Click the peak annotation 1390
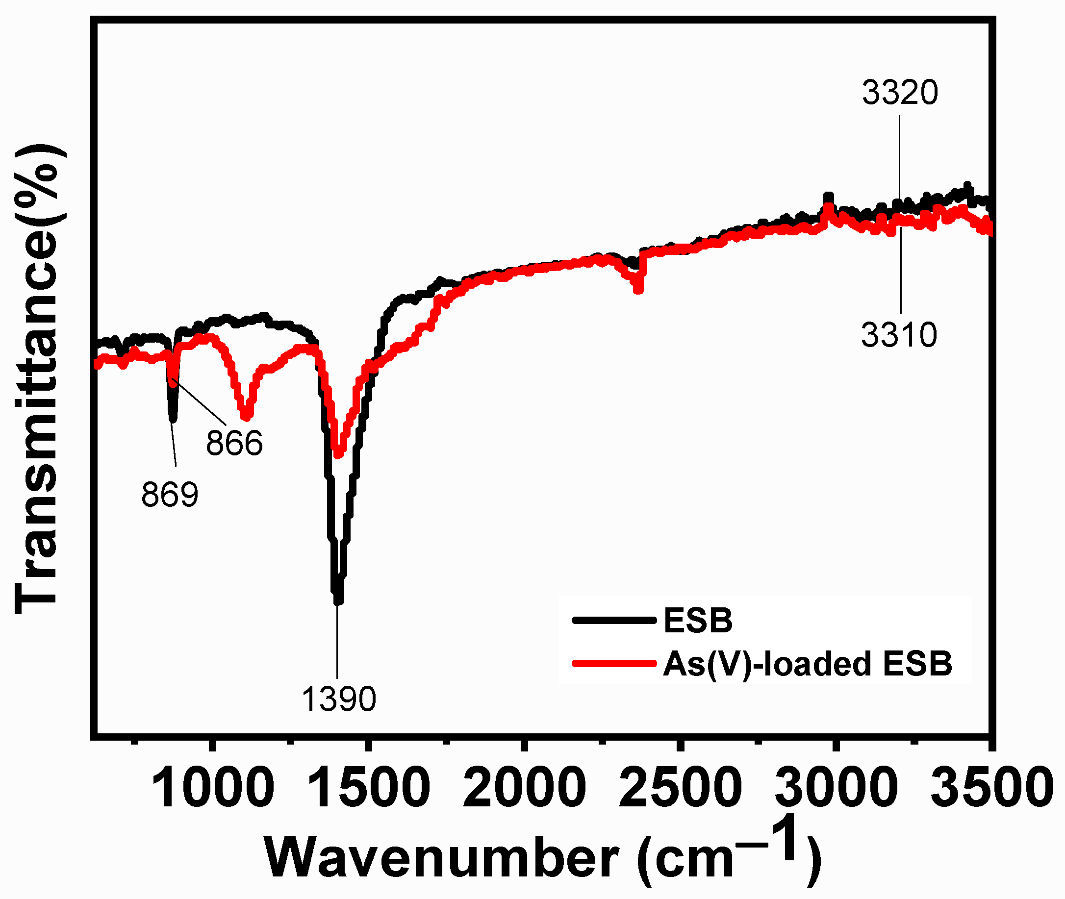point(338,699)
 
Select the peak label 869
point(170,494)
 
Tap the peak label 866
point(234,442)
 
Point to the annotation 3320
point(900,93)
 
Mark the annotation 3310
point(899,335)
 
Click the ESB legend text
point(698,621)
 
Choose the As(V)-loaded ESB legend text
point(807,664)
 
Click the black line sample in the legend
point(614,621)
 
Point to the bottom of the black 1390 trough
point(337,601)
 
